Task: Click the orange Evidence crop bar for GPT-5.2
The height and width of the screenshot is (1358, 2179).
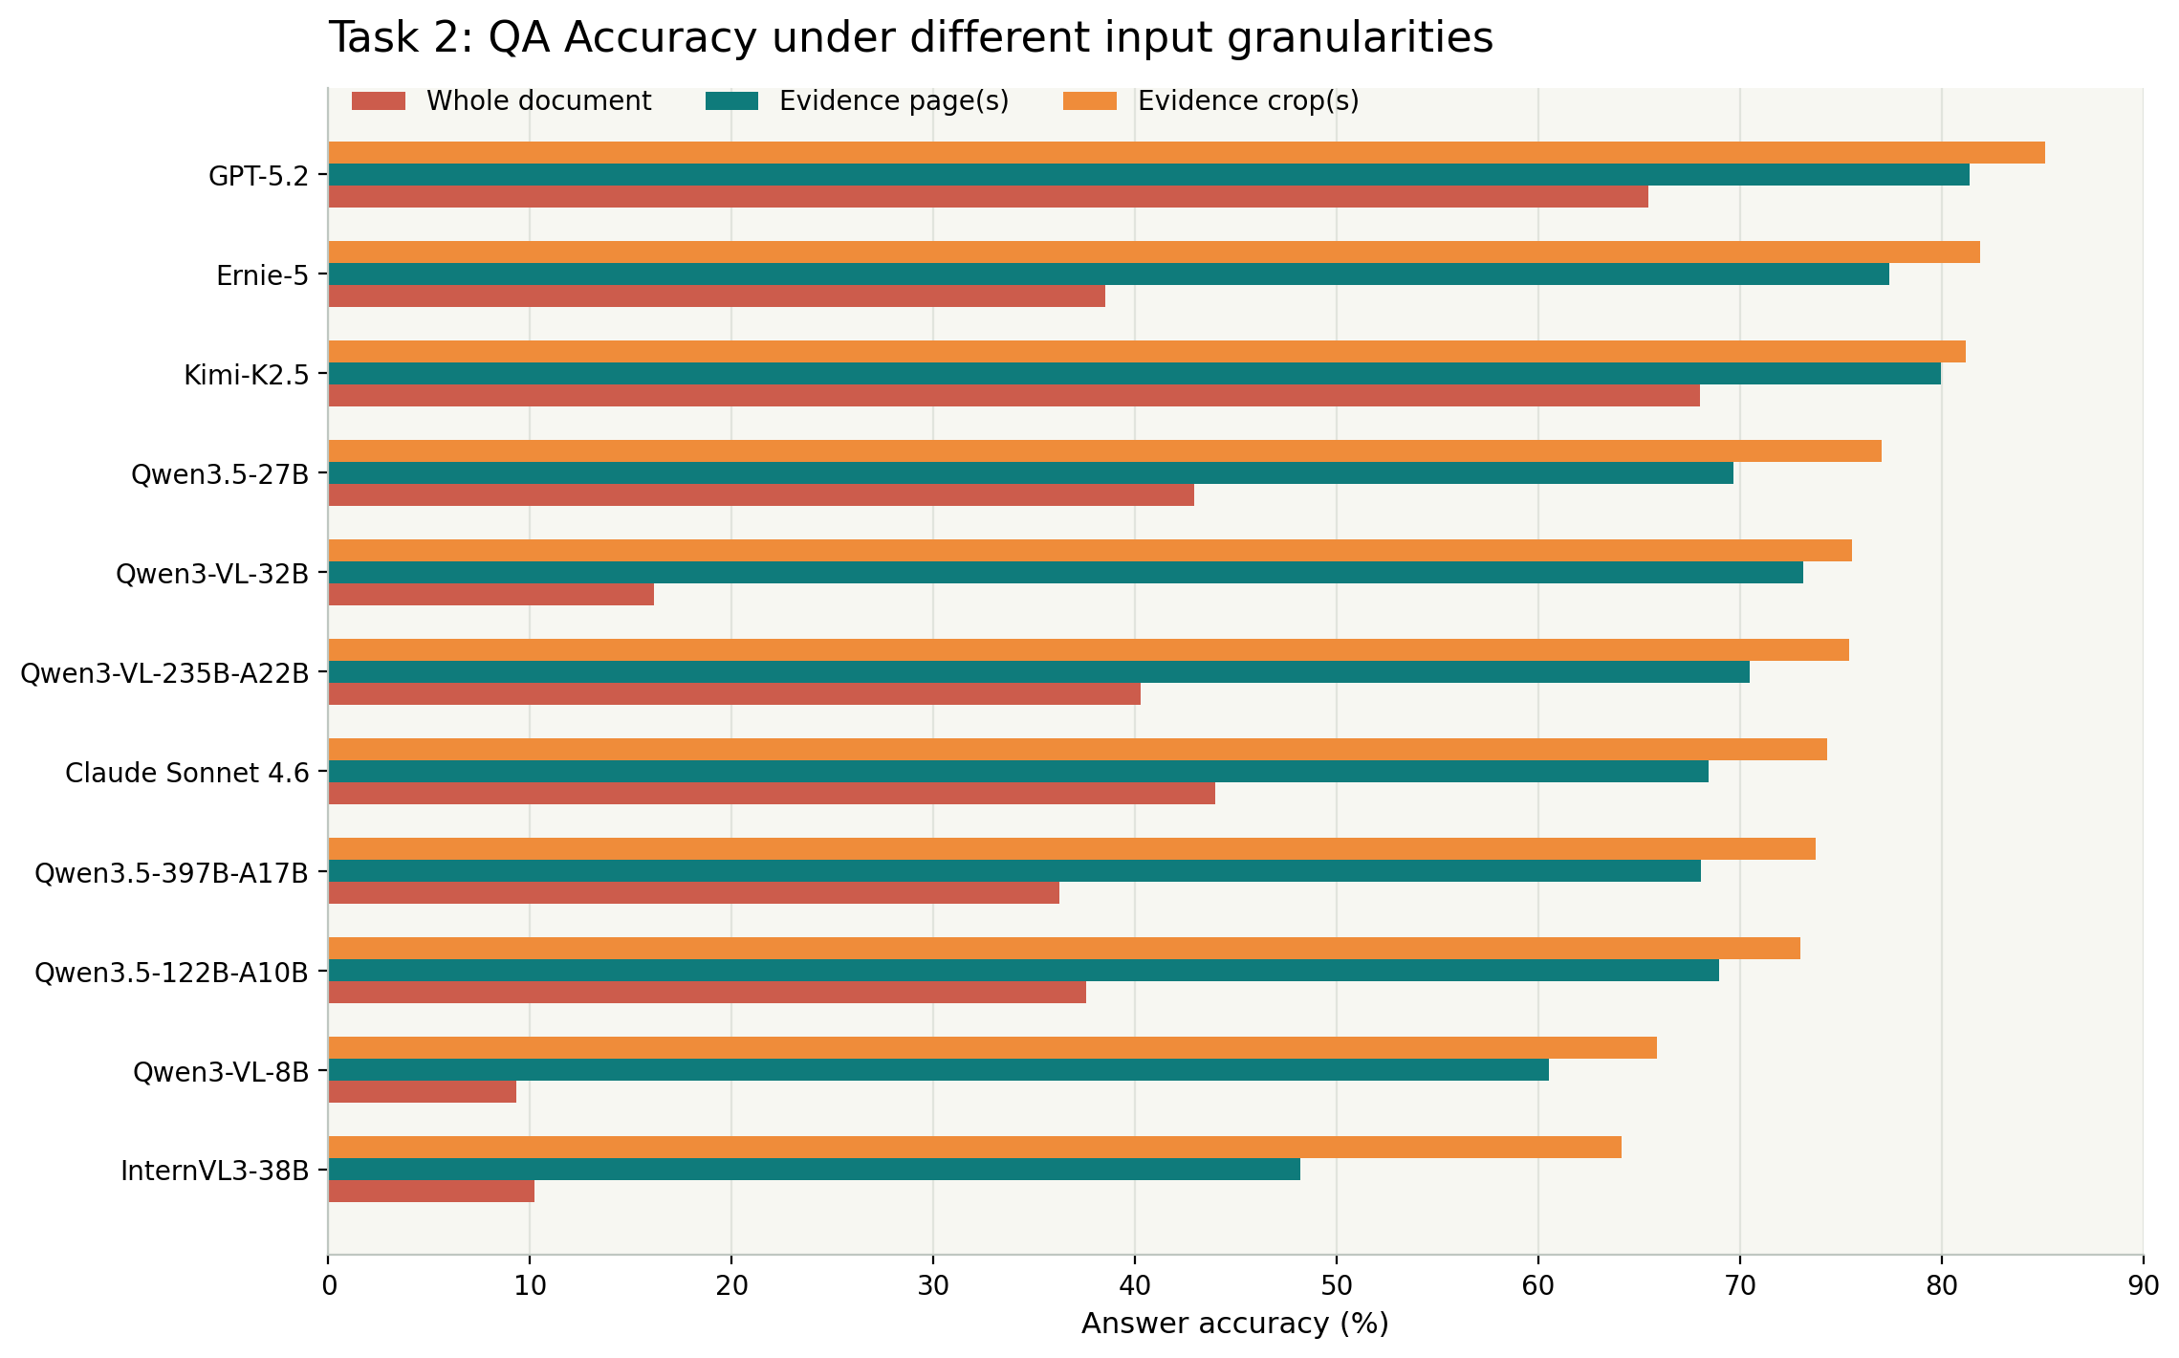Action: (1186, 153)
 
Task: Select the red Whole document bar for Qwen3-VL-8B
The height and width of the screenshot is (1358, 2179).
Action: (423, 1092)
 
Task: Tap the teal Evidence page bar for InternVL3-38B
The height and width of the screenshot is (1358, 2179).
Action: (814, 1170)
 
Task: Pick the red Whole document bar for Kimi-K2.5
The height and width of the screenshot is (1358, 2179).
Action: (1013, 396)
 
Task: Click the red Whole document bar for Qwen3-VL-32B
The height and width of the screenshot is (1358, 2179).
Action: (491, 595)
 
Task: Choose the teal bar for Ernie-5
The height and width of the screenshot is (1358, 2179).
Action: (1108, 274)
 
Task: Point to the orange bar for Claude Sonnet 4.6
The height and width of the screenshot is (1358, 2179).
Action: (1077, 750)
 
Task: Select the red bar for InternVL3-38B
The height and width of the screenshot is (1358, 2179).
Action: (431, 1192)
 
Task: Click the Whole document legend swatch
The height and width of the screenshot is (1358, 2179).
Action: (379, 101)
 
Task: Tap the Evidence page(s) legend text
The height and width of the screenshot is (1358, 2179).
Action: (894, 101)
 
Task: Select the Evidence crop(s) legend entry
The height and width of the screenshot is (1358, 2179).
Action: (1248, 101)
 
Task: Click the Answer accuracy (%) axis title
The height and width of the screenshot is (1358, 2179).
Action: (1234, 1325)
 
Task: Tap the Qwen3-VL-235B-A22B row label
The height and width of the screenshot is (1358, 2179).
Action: (164, 673)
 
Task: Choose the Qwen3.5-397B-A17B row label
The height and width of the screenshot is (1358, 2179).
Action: (171, 872)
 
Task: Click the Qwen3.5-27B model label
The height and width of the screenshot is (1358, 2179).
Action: (220, 474)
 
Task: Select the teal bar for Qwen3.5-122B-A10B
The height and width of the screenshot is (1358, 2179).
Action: (1023, 971)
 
